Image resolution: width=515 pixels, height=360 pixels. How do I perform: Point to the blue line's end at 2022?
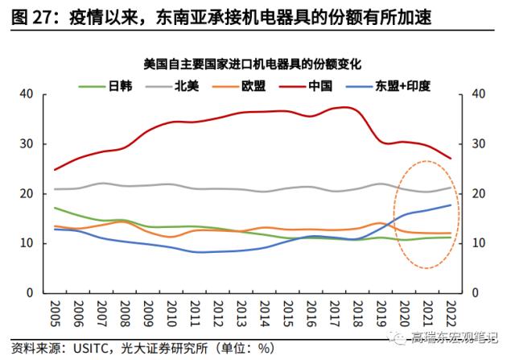pos(451,205)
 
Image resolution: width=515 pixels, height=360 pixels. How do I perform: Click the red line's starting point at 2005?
pos(55,170)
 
